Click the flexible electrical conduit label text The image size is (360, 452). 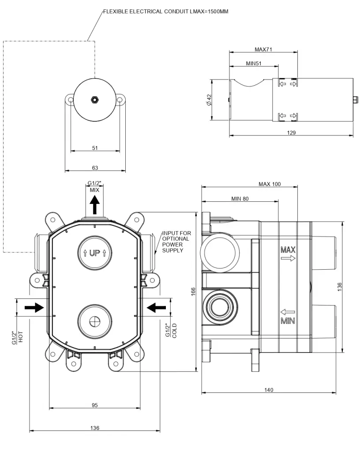(166, 11)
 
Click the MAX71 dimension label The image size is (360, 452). (263, 49)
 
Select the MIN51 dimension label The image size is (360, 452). (254, 63)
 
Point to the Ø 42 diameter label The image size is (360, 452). (209, 100)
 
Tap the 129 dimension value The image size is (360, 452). (291, 132)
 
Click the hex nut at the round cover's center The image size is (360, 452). (94, 100)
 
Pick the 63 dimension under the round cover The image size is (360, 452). (95, 168)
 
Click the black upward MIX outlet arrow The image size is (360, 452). (94, 204)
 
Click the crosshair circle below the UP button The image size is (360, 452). (95, 321)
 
